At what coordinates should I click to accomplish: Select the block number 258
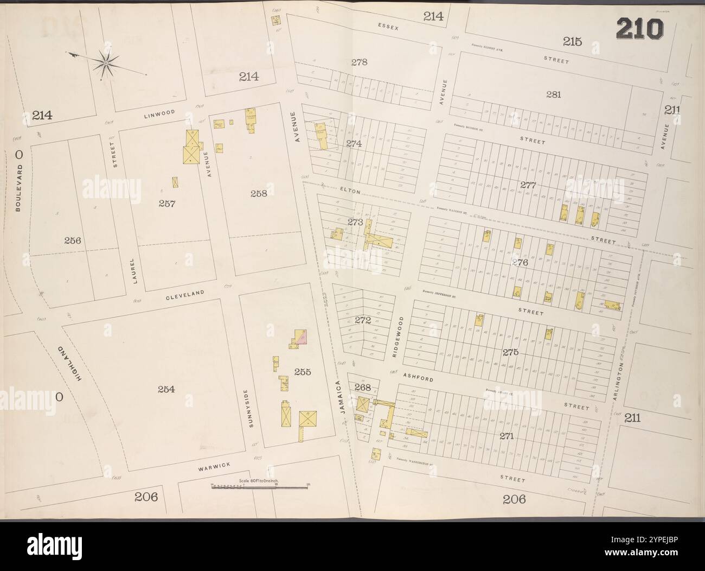[x=258, y=193]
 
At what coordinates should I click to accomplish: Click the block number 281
[x=553, y=94]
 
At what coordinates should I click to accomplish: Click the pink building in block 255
[x=304, y=338]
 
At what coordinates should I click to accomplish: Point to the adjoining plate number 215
[x=572, y=42]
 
